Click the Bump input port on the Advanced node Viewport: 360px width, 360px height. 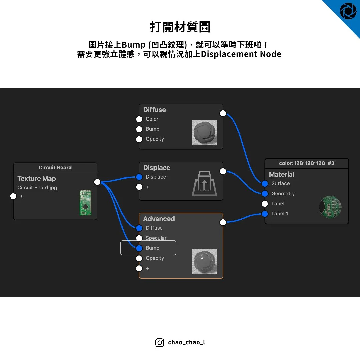click(139, 248)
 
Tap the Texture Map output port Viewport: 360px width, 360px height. click(97, 182)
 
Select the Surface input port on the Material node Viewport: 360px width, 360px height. click(265, 184)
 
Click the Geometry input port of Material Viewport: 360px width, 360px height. click(265, 194)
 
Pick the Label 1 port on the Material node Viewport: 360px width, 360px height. click(265, 214)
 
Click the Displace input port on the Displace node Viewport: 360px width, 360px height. click(139, 177)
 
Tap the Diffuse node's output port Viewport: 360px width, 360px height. click(223, 113)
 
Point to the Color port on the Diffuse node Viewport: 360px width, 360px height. click(139, 119)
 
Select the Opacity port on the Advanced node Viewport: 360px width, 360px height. click(139, 258)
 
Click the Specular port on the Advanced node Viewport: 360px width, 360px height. click(139, 238)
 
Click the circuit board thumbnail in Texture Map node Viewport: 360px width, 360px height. click(85, 203)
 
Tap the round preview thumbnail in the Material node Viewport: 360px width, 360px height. click(330, 207)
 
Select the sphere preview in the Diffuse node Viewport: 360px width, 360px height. click(204, 132)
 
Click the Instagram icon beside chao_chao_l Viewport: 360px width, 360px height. click(160, 342)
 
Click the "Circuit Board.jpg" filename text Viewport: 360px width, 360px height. click(37, 188)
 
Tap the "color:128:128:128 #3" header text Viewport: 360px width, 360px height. click(306, 163)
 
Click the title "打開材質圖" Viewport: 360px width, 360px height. click(180, 27)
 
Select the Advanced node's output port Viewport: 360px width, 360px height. click(223, 222)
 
